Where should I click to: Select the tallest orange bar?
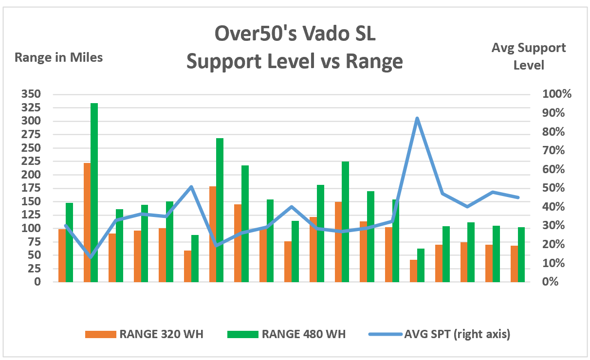click(x=87, y=222)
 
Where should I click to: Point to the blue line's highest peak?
click(x=417, y=118)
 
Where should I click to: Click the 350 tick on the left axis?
click(x=31, y=94)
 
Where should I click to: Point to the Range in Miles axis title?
click(x=59, y=57)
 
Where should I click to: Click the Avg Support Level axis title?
click(x=529, y=56)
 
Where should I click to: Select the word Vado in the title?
click(x=322, y=35)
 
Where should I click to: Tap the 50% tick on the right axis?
click(x=554, y=188)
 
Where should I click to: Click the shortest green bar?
click(x=421, y=265)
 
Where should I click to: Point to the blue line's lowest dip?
click(x=91, y=257)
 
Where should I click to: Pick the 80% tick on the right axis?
click(x=554, y=132)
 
